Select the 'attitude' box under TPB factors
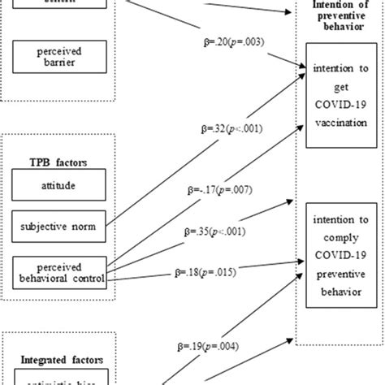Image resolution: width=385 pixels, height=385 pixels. (x=58, y=186)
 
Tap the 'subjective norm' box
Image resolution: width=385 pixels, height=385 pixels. (x=58, y=227)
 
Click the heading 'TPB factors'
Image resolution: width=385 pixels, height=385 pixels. (x=59, y=162)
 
